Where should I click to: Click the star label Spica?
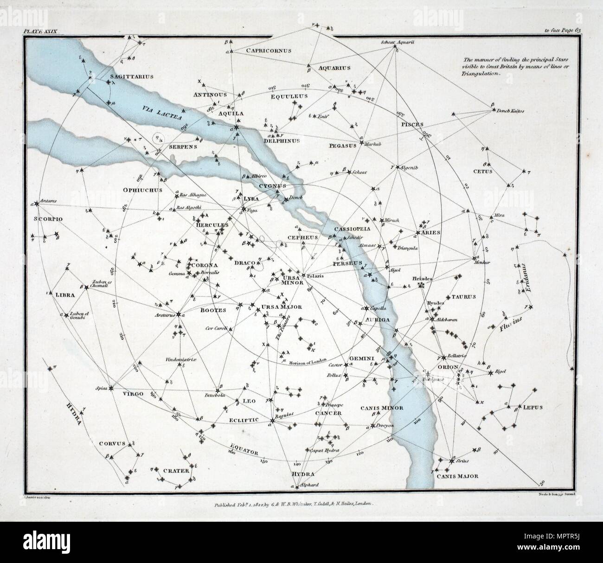pyautogui.click(x=101, y=388)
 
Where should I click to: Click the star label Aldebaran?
pyautogui.click(x=447, y=320)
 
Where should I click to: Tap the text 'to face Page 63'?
pyautogui.click(x=566, y=31)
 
